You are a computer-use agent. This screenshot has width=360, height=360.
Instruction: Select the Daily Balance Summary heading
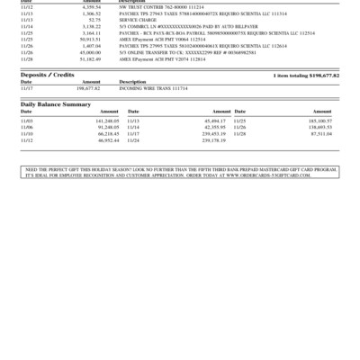(x=56, y=104)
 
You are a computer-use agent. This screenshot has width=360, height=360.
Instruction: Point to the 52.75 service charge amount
(x=94, y=21)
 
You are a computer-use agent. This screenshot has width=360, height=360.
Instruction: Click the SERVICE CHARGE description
(x=137, y=21)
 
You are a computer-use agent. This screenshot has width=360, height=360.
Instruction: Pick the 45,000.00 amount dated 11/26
(x=89, y=52)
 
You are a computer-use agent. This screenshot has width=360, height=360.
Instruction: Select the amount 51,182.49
(x=89, y=58)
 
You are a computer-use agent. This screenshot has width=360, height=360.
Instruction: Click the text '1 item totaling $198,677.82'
(x=306, y=76)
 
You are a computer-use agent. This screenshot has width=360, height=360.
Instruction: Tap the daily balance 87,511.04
(x=320, y=133)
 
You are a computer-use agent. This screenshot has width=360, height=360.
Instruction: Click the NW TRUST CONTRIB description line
(x=152, y=8)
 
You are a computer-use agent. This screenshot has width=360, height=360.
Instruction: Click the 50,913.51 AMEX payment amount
(x=89, y=40)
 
